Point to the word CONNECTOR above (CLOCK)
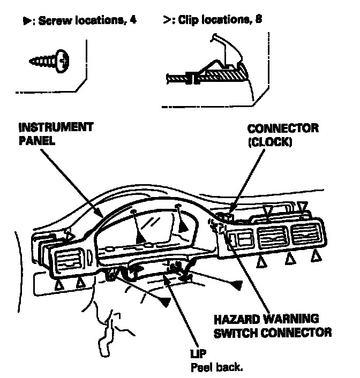(x=283, y=129)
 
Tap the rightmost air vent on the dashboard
(x=305, y=235)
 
